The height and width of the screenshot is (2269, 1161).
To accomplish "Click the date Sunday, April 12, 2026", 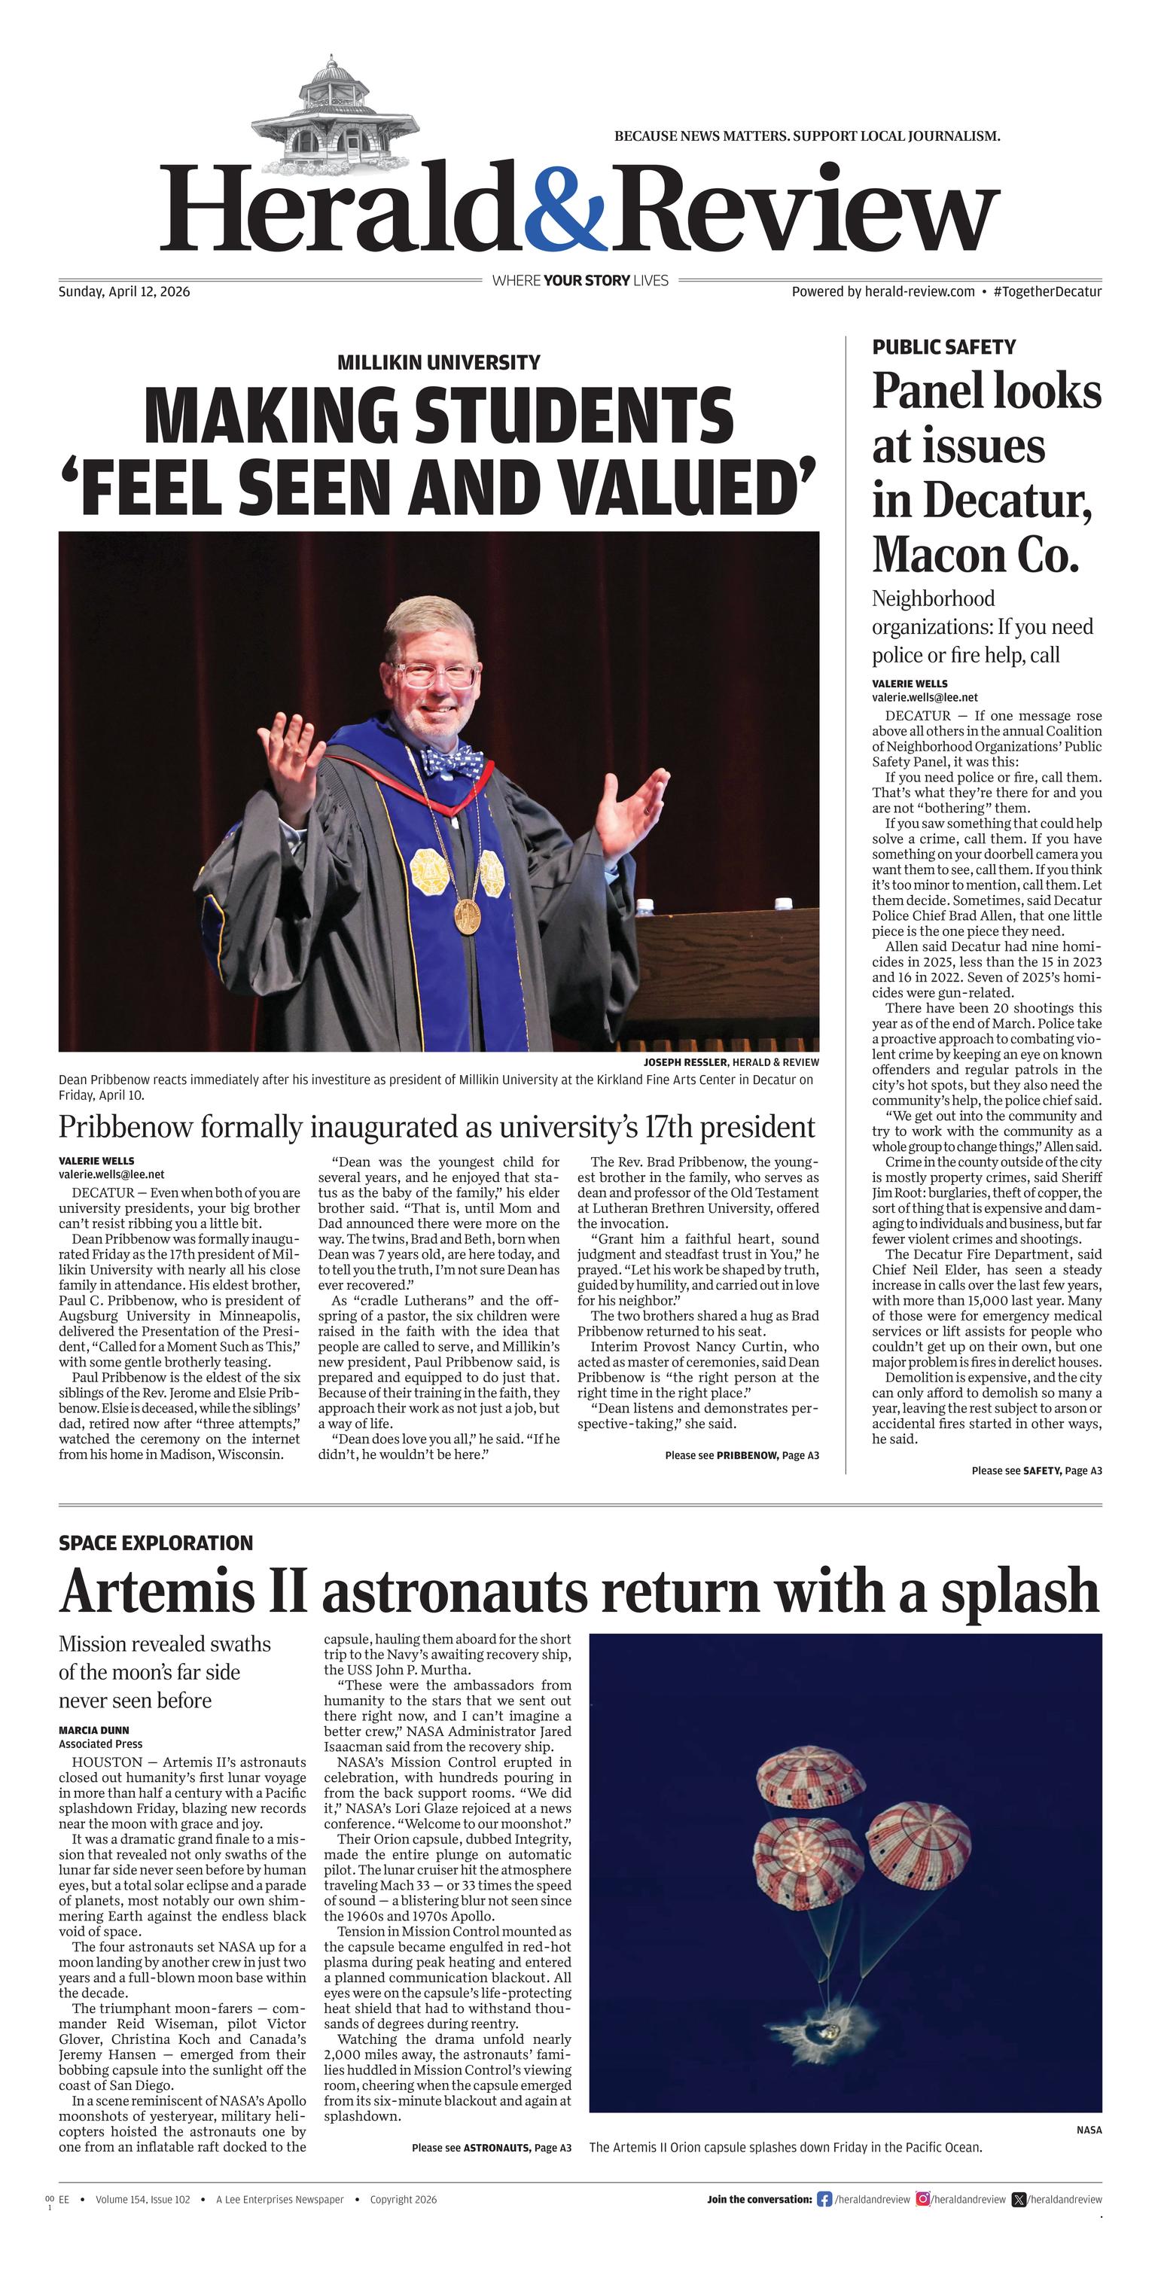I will coord(124,291).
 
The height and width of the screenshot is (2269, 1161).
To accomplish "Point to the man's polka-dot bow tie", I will coord(450,760).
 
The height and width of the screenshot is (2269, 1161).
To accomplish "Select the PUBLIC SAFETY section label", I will coord(943,347).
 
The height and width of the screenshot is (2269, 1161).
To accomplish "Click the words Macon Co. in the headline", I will coord(975,555).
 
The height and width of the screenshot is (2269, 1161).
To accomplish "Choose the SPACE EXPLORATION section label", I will coord(156,1543).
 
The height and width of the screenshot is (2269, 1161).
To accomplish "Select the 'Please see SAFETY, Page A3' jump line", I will coord(1036,1471).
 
